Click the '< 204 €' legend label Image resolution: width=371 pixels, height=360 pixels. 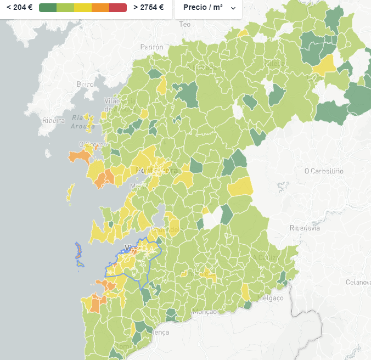click(x=19, y=8)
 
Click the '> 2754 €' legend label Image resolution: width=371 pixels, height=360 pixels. click(x=148, y=8)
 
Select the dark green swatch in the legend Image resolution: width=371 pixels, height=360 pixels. click(x=48, y=8)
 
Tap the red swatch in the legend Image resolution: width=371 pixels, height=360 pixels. click(x=117, y=8)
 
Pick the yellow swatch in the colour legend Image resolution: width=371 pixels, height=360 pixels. click(x=83, y=8)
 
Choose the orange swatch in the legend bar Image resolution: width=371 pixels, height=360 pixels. click(x=100, y=8)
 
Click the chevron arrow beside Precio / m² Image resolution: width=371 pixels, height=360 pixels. click(x=233, y=8)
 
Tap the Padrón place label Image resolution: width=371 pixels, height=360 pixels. click(x=151, y=48)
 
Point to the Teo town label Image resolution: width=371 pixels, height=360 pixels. click(x=185, y=25)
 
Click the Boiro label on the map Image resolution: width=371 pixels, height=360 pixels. click(x=85, y=85)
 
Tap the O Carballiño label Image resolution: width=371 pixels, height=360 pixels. click(x=324, y=171)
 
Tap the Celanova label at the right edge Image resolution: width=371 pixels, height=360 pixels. click(x=358, y=282)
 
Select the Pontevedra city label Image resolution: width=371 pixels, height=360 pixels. click(x=157, y=171)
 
